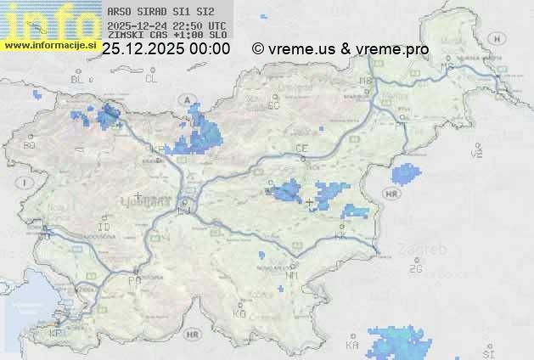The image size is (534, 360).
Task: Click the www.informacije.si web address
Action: (x=48, y=45)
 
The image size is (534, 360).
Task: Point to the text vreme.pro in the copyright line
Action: (x=392, y=49)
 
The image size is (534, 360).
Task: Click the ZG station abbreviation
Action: (x=416, y=269)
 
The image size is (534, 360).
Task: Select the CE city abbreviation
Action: (x=301, y=149)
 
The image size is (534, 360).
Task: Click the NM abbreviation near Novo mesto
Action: (x=293, y=276)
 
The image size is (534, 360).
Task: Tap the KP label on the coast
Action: (x=55, y=334)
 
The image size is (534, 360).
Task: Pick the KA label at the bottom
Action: (x=352, y=346)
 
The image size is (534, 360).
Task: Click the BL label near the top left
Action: (x=79, y=79)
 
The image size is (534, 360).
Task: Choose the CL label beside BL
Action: (x=151, y=79)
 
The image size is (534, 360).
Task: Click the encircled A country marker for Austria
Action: (x=185, y=100)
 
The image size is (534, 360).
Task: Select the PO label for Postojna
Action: (x=133, y=279)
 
